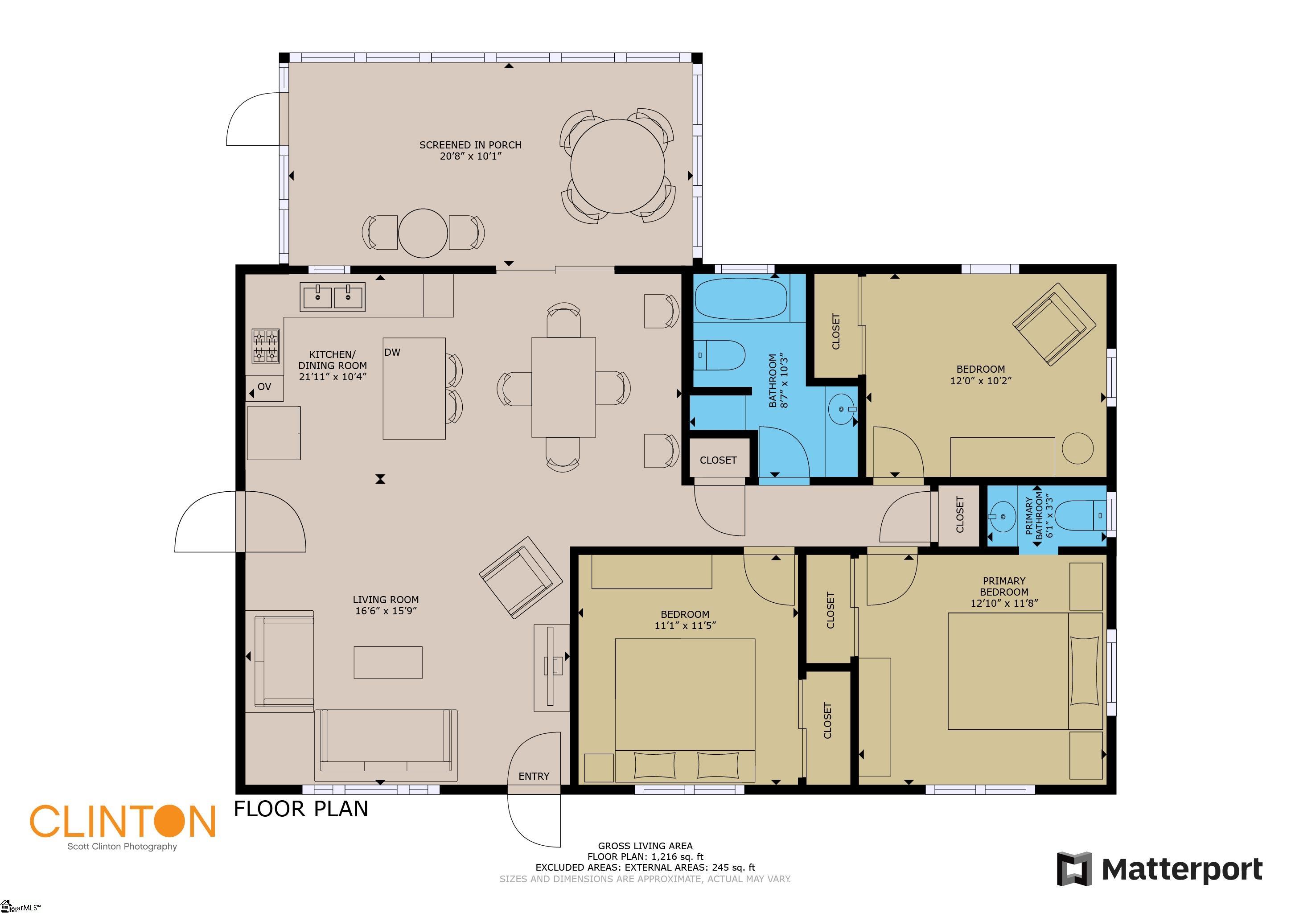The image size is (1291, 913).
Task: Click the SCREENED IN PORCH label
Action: click(x=470, y=144)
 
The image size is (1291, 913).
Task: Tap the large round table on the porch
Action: click(x=617, y=166)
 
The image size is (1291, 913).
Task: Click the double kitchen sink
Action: click(x=332, y=297)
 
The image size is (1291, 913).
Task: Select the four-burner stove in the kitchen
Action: click(x=265, y=346)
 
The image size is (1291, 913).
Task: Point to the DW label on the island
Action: click(x=392, y=353)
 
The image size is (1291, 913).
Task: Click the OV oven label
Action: click(x=264, y=387)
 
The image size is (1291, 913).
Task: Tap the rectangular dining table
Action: click(x=563, y=387)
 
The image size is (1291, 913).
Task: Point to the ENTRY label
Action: click(x=534, y=777)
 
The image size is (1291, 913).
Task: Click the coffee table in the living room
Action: click(x=388, y=662)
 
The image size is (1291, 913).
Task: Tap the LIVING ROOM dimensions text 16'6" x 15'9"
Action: click(x=386, y=611)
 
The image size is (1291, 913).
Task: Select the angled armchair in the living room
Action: click(x=521, y=578)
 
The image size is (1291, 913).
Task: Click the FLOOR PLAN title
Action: click(x=301, y=809)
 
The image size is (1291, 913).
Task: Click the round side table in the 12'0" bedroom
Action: click(x=1077, y=448)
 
